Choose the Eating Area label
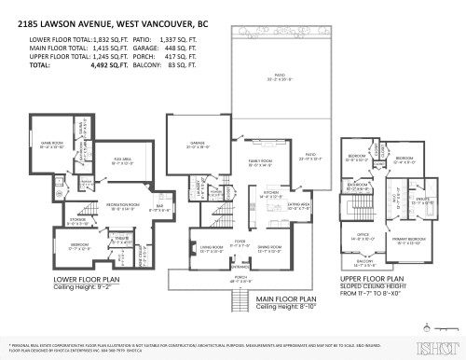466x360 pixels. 299,205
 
